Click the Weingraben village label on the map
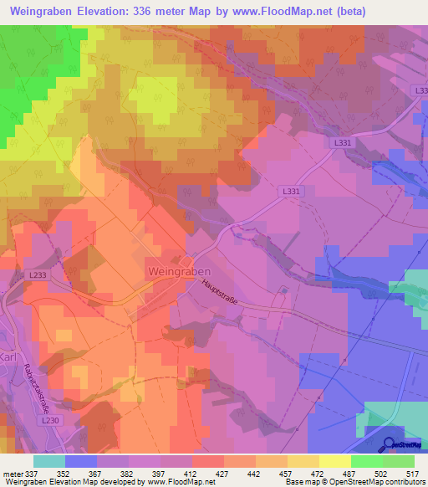178,272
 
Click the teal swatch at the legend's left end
49,460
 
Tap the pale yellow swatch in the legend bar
335,460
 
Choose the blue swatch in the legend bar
81,460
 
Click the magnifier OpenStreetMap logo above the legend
391,444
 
